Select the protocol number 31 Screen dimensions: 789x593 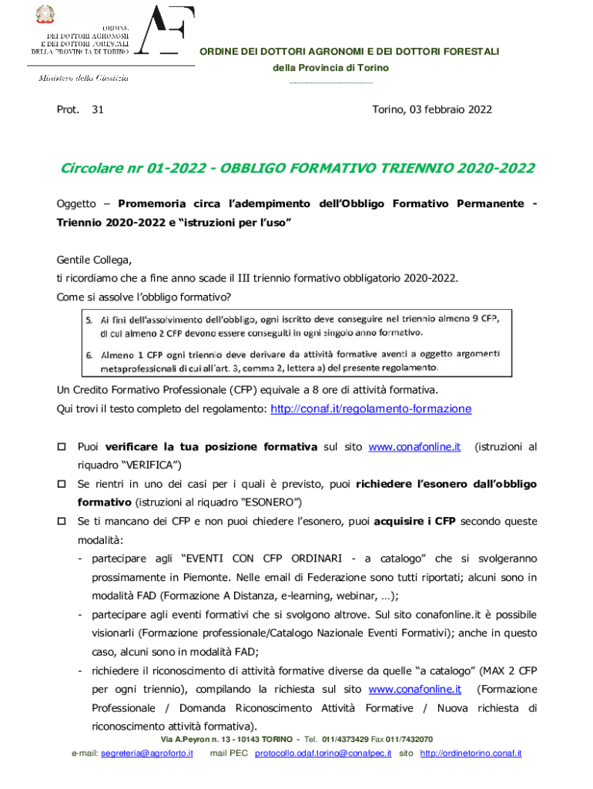98,110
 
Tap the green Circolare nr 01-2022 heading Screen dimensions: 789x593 296,169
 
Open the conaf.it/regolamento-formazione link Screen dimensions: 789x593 370,409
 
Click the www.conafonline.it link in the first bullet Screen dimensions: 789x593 414,447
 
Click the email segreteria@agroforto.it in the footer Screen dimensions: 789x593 146,753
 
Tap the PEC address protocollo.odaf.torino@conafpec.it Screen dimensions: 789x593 323,753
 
